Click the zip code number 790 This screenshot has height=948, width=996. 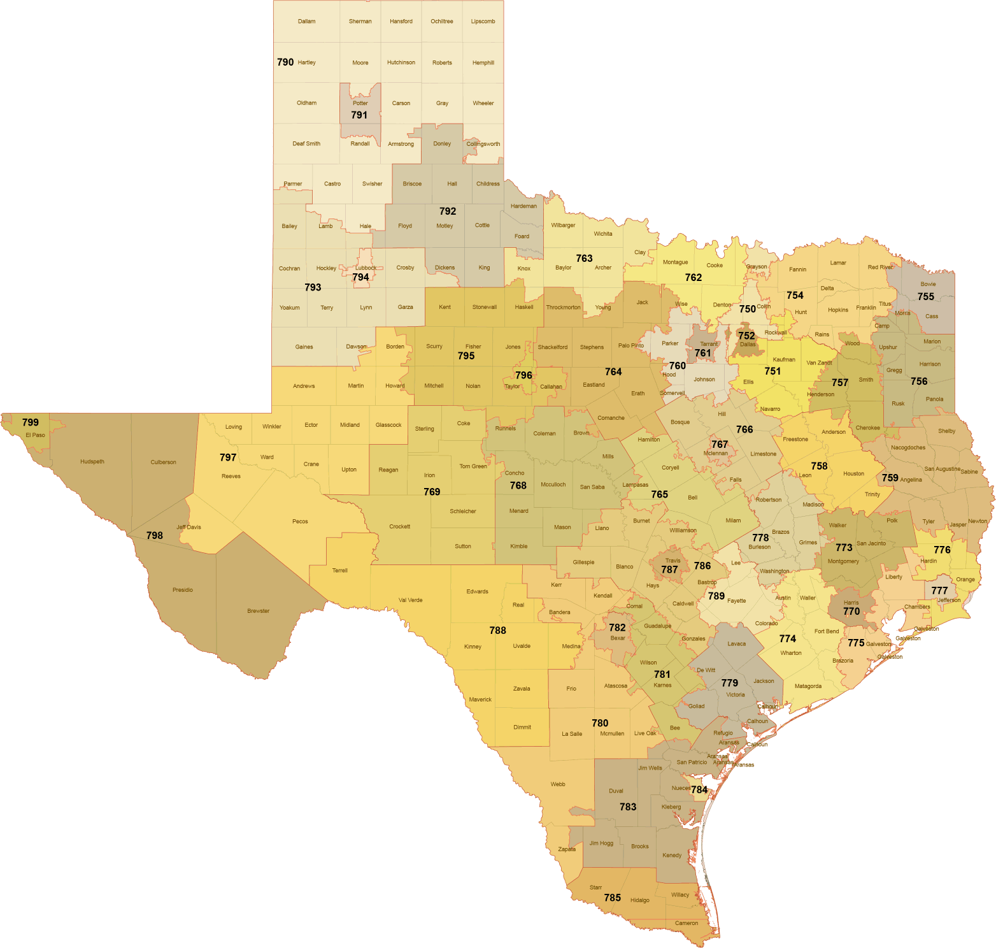[x=285, y=62]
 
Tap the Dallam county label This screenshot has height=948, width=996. [x=306, y=22]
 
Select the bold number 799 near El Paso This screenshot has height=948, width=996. [x=30, y=422]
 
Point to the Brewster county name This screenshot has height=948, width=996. [x=258, y=611]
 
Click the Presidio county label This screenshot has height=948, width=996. [x=182, y=590]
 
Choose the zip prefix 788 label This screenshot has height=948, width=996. [x=497, y=631]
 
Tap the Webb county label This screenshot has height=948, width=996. [x=557, y=784]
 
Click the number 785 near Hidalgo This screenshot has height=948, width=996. [x=612, y=898]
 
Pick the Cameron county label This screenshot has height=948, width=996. [x=686, y=923]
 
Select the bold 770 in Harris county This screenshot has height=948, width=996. [x=851, y=612]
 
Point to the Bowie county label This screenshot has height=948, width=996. [x=928, y=284]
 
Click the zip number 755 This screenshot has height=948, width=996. [x=925, y=297]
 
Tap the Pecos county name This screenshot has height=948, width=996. [x=300, y=522]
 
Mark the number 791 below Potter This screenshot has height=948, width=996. [x=359, y=115]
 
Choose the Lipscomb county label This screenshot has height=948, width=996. [x=483, y=22]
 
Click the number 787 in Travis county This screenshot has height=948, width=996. [x=669, y=570]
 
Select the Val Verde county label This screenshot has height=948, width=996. [x=410, y=600]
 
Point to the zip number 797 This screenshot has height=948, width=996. [x=228, y=457]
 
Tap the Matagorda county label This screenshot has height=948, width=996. [x=807, y=686]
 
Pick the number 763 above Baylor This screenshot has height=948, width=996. [x=584, y=259]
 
